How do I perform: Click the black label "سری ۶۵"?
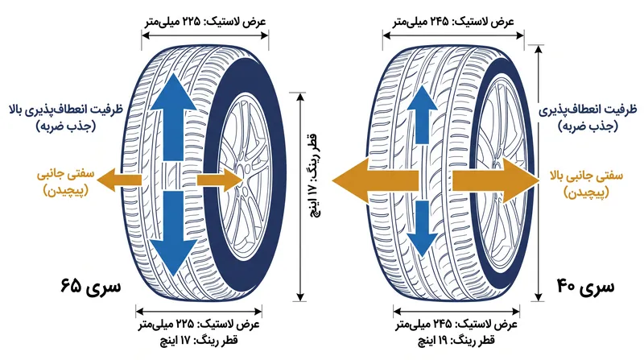point(91,286)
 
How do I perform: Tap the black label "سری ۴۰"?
point(586,286)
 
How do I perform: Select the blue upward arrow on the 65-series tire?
point(173,117)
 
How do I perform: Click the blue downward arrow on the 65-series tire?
point(173,233)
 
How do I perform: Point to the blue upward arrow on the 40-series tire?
point(422,114)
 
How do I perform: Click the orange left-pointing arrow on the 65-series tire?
point(119,180)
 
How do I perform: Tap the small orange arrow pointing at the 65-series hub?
point(221,180)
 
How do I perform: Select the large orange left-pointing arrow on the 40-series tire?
point(375,180)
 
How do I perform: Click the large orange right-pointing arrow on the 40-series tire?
point(496,180)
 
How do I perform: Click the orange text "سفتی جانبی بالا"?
point(587,176)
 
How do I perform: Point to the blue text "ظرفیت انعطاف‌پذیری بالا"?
point(66,110)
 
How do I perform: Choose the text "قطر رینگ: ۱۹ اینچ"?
point(456,341)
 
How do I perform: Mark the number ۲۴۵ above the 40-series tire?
point(439,21)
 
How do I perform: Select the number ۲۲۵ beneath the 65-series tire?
point(184,324)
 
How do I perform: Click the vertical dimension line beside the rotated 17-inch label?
point(300,197)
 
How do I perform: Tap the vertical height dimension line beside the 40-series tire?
point(539,173)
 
